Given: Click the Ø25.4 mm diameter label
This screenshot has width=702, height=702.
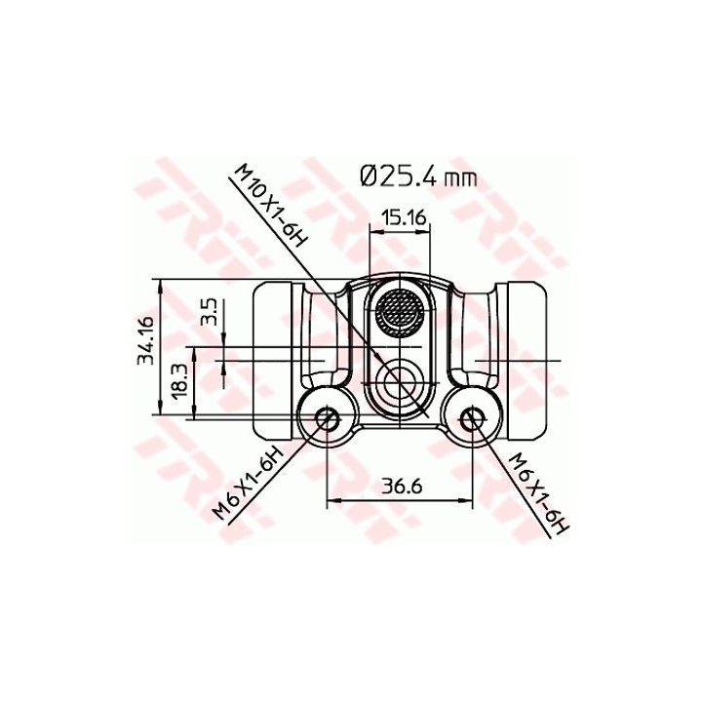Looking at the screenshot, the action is (x=418, y=176).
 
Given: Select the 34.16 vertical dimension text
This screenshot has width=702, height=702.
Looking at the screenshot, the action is (x=146, y=339).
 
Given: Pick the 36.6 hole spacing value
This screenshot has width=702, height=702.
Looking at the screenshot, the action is (x=400, y=486).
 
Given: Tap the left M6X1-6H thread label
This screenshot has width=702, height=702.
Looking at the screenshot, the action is (x=249, y=485).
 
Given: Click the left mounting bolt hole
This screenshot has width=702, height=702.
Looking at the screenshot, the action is (x=328, y=418).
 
